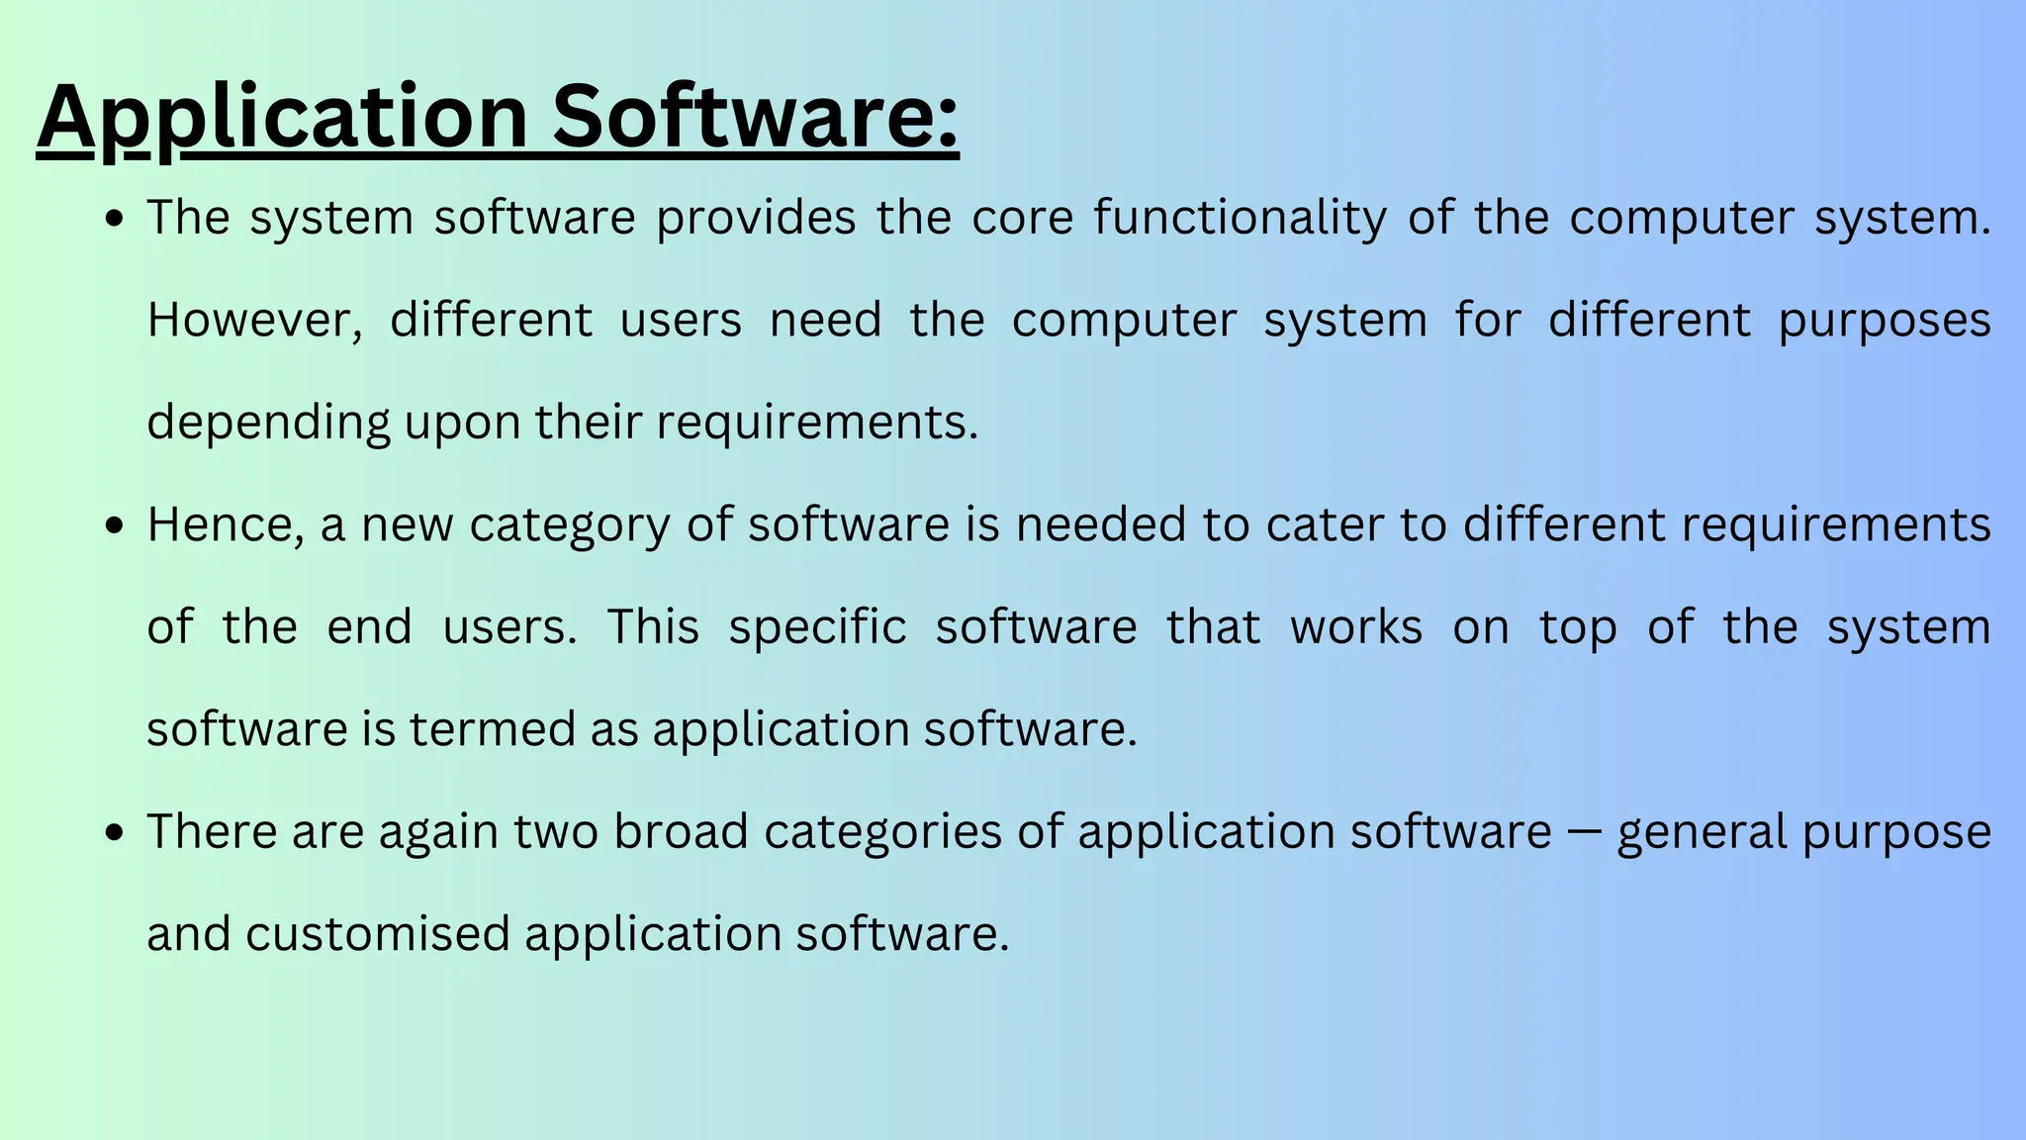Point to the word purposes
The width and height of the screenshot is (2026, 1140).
pos(1885,321)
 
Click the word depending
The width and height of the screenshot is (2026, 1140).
pos(268,423)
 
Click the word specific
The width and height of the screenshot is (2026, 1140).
pos(817,627)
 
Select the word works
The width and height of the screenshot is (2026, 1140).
pos(1356,627)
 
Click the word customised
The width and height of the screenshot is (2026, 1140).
pos(377,934)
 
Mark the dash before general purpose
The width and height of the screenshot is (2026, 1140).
pos(1584,832)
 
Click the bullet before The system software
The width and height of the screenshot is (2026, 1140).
pos(115,219)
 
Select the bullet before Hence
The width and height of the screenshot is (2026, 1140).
pos(115,525)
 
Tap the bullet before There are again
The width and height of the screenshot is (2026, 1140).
pos(115,832)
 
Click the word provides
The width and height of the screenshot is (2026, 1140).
pos(756,218)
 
